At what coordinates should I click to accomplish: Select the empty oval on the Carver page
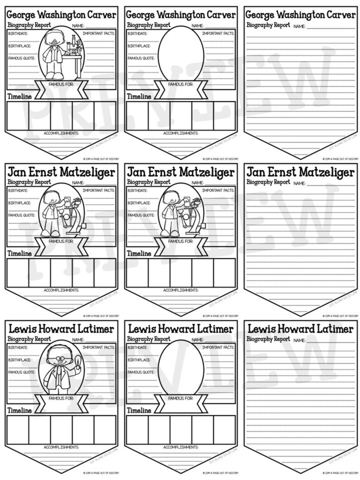(181, 51)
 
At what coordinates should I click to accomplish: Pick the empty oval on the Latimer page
(181, 365)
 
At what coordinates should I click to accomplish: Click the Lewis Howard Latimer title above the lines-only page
(301, 328)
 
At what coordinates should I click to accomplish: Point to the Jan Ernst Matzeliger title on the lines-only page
(301, 172)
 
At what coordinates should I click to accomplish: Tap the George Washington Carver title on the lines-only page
(301, 15)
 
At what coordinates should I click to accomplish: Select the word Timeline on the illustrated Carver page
(19, 96)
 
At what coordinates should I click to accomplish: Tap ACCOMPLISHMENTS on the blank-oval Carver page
(181, 133)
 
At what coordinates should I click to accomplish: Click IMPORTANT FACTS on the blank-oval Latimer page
(218, 348)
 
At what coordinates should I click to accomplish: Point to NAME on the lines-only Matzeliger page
(299, 184)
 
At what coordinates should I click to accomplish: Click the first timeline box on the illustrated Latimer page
(18, 429)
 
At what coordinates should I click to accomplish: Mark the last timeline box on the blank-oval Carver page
(224, 116)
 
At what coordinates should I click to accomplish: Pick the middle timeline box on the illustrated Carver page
(61, 116)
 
